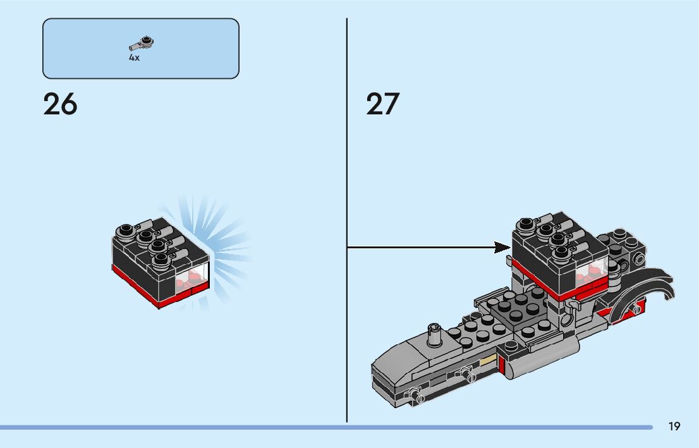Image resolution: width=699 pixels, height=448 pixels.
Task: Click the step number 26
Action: tap(60, 104)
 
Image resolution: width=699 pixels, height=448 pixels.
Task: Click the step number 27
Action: tap(383, 104)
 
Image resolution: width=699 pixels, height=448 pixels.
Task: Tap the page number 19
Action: tap(674, 427)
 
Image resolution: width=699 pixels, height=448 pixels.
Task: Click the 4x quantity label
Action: tap(134, 58)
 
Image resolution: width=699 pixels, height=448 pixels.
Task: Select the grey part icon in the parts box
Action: tap(142, 43)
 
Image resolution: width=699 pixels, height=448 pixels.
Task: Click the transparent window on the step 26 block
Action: tap(195, 279)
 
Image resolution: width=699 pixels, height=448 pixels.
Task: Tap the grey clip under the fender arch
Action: tap(572, 306)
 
